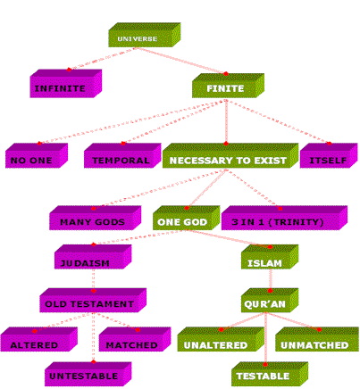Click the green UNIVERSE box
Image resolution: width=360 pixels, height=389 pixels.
click(145, 35)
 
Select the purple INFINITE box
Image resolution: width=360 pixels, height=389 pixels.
click(66, 84)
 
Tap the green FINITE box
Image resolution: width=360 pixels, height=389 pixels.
click(228, 86)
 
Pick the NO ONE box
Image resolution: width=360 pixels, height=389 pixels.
click(37, 155)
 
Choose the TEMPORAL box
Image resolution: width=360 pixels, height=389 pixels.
click(122, 155)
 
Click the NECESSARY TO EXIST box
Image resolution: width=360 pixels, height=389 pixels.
click(230, 155)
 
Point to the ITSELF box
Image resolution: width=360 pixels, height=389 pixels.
click(329, 155)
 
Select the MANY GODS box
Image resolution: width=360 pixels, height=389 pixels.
click(95, 218)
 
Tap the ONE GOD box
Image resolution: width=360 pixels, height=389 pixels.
click(187, 218)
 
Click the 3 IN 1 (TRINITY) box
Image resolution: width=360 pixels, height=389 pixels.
click(284, 218)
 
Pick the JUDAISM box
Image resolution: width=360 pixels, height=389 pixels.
click(93, 257)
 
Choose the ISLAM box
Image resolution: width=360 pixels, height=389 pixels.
click(270, 257)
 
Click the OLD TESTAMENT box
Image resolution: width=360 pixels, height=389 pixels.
click(93, 300)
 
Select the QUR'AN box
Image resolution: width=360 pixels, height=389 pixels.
click(270, 300)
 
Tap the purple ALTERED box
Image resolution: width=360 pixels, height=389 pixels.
click(39, 339)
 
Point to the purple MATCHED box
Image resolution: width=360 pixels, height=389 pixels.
click(135, 339)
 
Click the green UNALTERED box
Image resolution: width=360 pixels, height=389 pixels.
click(221, 339)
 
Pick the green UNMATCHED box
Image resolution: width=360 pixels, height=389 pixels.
click(317, 339)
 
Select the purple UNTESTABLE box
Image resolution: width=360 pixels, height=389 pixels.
click(88, 374)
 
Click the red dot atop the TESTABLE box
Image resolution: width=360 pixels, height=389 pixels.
click(265, 364)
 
